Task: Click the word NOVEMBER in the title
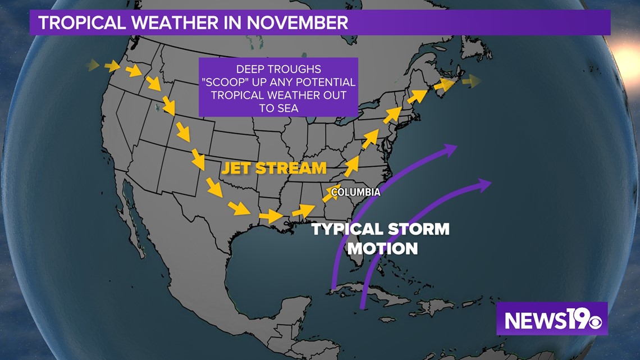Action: click(x=297, y=22)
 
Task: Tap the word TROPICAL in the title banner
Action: click(x=81, y=22)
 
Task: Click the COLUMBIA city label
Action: click(x=355, y=192)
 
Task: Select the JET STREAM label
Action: click(x=274, y=168)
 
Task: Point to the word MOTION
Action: click(x=383, y=248)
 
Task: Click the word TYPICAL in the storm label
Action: click(x=348, y=229)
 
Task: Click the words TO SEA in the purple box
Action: click(x=279, y=108)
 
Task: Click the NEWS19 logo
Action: click(x=552, y=319)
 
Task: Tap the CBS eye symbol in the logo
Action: click(x=595, y=322)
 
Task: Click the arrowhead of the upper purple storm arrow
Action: click(x=450, y=149)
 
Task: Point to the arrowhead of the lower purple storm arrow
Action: click(x=484, y=184)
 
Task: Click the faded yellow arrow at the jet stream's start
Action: click(x=93, y=65)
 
